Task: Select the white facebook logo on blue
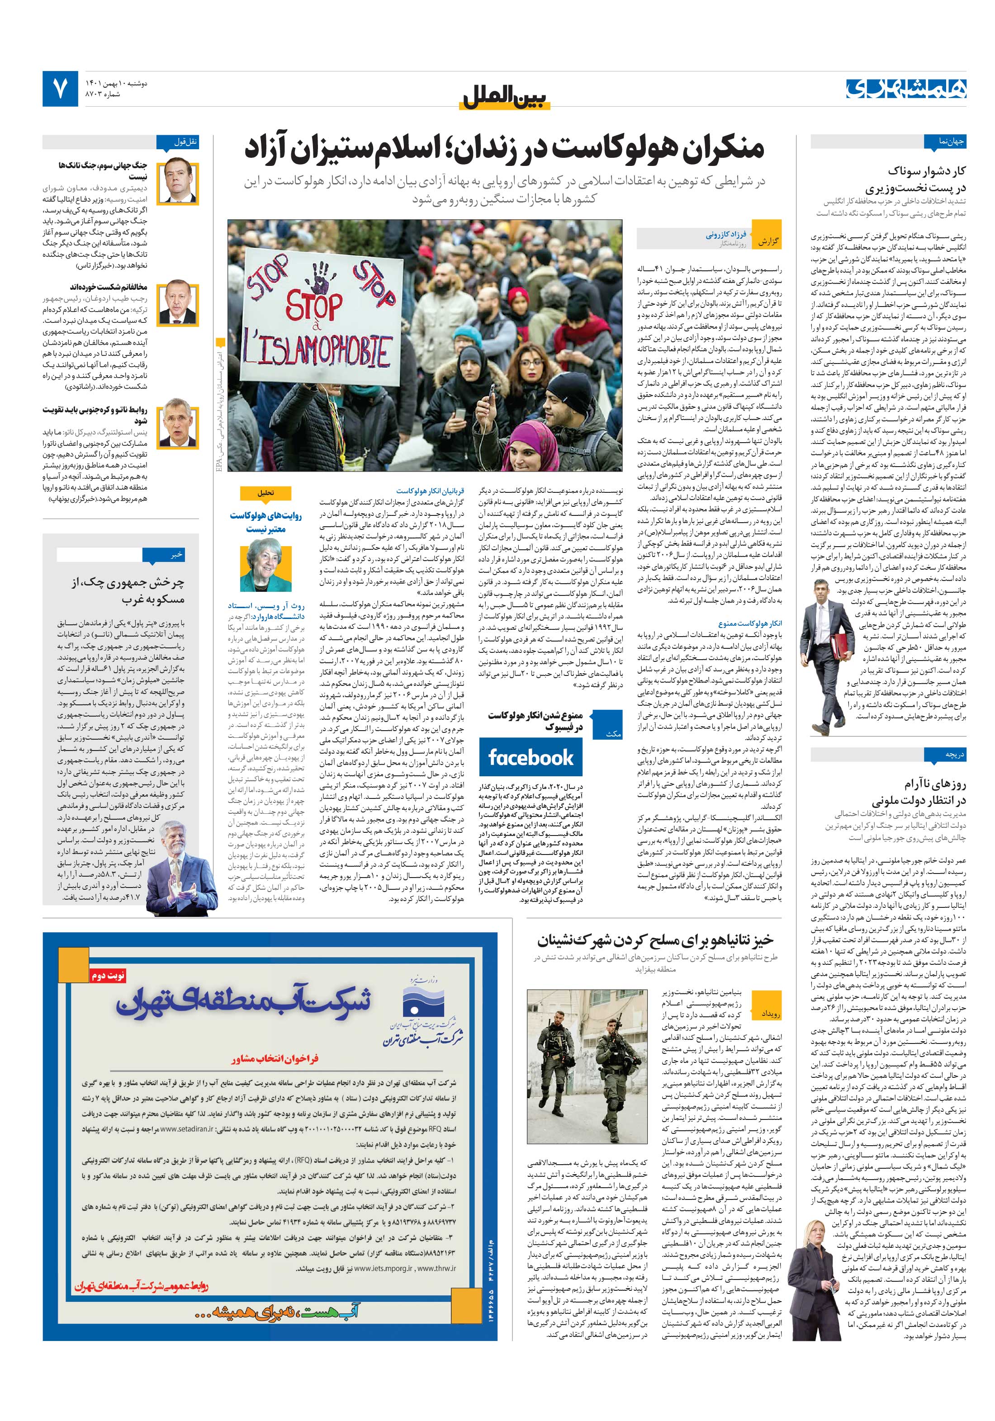tap(531, 758)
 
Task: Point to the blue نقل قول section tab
tap(178, 142)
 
